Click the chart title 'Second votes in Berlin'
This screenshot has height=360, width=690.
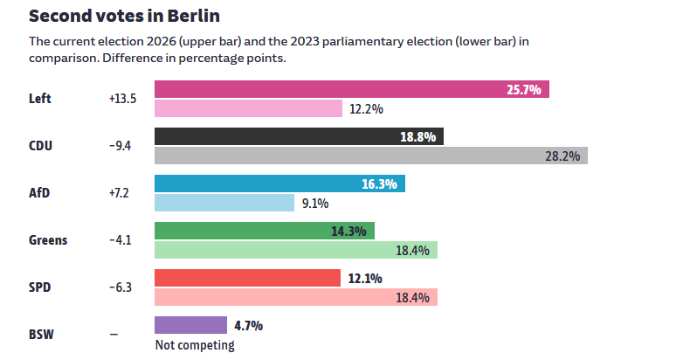[x=124, y=16]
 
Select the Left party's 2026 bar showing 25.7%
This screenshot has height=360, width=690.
[x=352, y=89]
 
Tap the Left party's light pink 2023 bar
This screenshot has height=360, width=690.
[x=248, y=108]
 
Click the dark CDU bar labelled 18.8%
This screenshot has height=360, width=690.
[x=299, y=136]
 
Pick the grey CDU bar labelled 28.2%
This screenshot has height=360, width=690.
[x=371, y=156]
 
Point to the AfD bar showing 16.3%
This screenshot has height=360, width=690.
[x=279, y=183]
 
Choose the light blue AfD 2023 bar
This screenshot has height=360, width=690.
[x=224, y=203]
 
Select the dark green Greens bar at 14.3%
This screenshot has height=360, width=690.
[x=265, y=231]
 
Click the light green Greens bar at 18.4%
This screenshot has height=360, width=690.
[x=296, y=250]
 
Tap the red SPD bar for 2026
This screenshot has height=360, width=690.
[x=247, y=278]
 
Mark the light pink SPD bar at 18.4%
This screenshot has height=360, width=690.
[x=296, y=297]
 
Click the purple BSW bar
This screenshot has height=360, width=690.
[x=190, y=325]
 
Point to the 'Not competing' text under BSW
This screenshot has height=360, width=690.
[x=195, y=345]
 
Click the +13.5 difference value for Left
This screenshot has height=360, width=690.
[x=123, y=99]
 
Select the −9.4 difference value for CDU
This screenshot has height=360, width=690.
[x=121, y=146]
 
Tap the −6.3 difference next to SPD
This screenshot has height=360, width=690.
[x=121, y=287]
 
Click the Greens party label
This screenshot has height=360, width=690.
[x=48, y=240]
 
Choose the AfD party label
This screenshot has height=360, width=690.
[x=39, y=193]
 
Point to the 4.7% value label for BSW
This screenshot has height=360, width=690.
[x=249, y=326]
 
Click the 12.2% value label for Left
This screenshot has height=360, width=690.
[x=366, y=108]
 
